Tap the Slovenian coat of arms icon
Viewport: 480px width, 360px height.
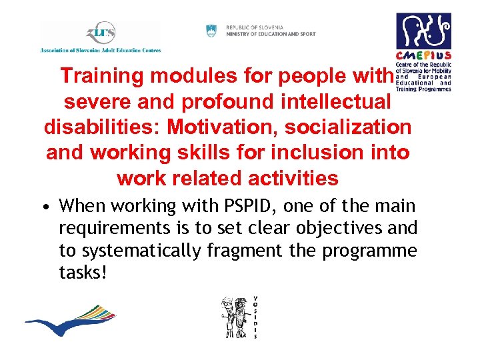point(211,31)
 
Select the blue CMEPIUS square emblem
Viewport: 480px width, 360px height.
point(423,31)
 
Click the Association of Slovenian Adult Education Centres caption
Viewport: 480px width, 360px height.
point(101,50)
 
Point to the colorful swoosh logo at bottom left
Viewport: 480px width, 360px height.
point(69,320)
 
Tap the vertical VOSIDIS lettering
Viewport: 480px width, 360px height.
point(255,317)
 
